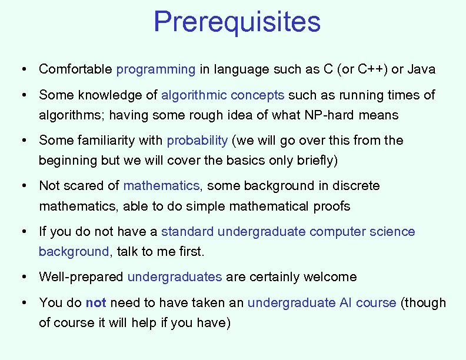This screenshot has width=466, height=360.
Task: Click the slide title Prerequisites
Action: pyautogui.click(x=237, y=22)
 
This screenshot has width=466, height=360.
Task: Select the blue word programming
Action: pyautogui.click(x=156, y=69)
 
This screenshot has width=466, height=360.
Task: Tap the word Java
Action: pyautogui.click(x=421, y=69)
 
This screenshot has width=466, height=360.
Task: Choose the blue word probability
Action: pyautogui.click(x=197, y=141)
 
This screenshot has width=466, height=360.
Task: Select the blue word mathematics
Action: pyautogui.click(x=161, y=186)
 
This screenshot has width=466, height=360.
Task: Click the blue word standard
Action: pyautogui.click(x=187, y=232)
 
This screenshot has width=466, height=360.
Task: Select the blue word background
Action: pyautogui.click(x=74, y=252)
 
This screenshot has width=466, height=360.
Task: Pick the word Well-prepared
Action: pyautogui.click(x=81, y=277)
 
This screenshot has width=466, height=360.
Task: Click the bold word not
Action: pyautogui.click(x=96, y=303)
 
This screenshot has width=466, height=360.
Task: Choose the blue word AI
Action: pyautogui.click(x=346, y=303)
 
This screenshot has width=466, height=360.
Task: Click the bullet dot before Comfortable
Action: pyautogui.click(x=22, y=69)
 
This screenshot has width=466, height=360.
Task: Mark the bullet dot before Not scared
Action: pyautogui.click(x=22, y=186)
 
